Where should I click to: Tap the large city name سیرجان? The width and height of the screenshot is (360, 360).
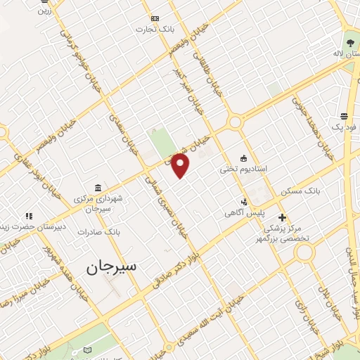pos(112,267)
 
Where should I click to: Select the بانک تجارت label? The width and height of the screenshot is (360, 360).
pos(155,30)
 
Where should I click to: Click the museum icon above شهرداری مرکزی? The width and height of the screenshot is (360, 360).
pos(97,188)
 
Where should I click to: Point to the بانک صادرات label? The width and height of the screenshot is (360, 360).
pos(99,231)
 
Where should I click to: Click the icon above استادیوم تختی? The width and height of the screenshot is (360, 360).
pos(243,158)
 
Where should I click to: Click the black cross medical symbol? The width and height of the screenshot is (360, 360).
pos(282,218)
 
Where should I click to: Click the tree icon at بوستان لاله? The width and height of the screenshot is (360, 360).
pos(349,43)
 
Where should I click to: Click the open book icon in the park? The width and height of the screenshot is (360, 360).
pos(86,350)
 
